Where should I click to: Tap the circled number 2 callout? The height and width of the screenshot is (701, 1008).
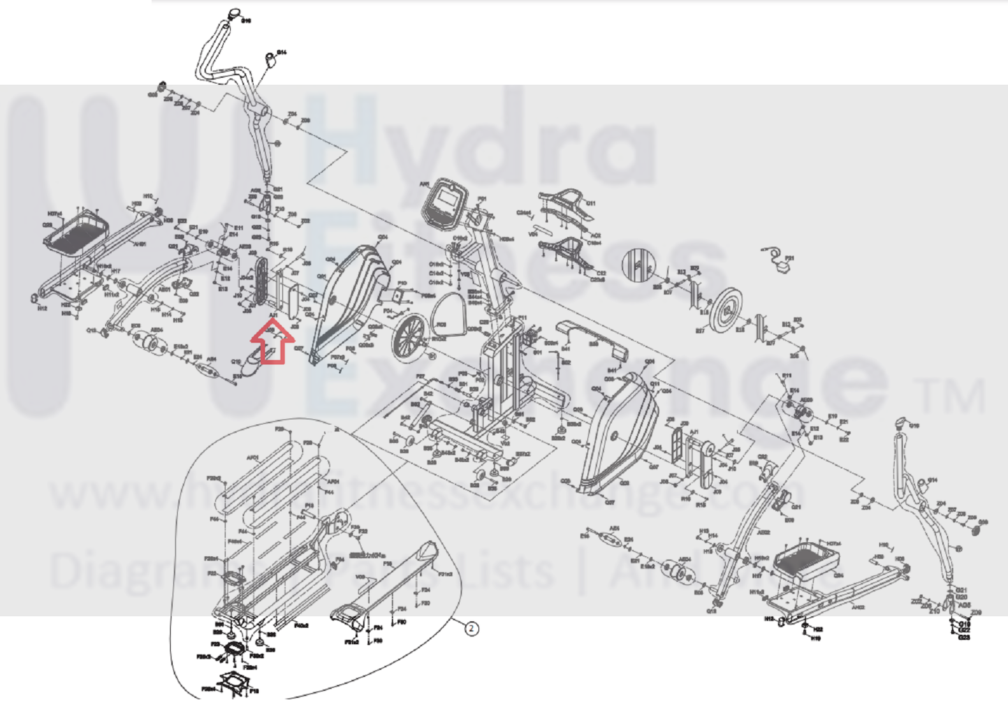pyautogui.click(x=471, y=628)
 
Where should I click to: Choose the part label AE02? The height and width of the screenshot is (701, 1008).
pyautogui.click(x=764, y=532)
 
